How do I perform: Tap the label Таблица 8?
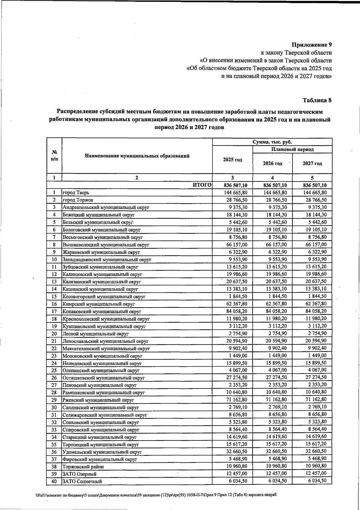pyautogui.click(x=317, y=100)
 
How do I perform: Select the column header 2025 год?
pyautogui.click(x=232, y=160)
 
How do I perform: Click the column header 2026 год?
pyautogui.click(x=272, y=163)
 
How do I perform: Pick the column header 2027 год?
pyautogui.click(x=312, y=163)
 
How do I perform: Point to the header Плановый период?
pyautogui.click(x=292, y=149)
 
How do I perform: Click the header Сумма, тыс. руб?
pyautogui.click(x=272, y=142)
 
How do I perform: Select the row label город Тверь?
pyautogui.click(x=76, y=193)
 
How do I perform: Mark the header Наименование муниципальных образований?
pyautogui.click(x=137, y=156)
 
